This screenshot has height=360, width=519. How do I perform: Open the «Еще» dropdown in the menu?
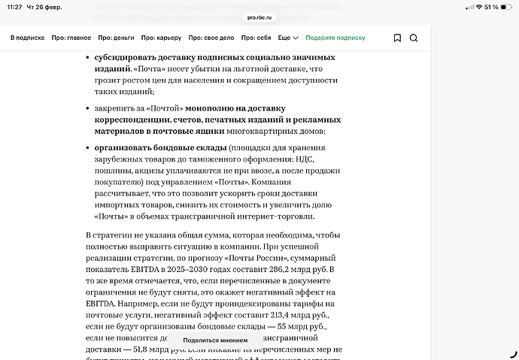pyautogui.click(x=288, y=38)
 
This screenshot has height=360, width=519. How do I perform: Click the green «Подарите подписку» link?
pyautogui.click(x=335, y=38)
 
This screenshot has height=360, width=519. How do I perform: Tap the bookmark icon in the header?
pyautogui.click(x=397, y=38)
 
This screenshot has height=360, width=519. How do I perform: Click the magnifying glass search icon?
pyautogui.click(x=414, y=38)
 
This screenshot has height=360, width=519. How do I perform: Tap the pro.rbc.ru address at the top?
pyautogui.click(x=259, y=17)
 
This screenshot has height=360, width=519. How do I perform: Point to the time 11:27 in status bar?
pyautogui.click(x=15, y=7)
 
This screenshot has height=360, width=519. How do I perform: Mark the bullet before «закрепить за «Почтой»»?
pyautogui.click(x=87, y=108)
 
